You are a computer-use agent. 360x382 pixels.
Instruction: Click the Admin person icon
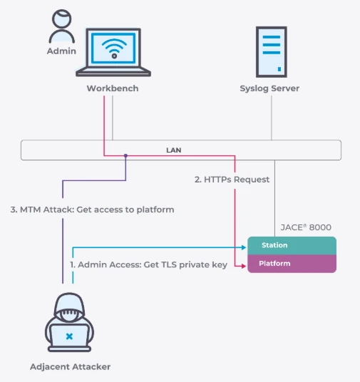coord(62,26)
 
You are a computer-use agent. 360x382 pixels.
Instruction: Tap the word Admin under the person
coord(61,51)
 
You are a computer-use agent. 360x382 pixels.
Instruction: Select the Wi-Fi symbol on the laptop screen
coord(114,48)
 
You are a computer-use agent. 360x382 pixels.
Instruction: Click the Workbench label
coord(113,88)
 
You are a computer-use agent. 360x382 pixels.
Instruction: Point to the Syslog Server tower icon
coord(272,52)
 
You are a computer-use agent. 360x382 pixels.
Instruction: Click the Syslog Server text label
coord(269,88)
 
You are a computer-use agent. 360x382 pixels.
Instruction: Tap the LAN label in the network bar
coord(173,150)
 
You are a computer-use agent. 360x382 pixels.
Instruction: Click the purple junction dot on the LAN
coord(125,155)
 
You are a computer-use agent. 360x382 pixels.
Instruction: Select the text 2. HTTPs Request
coord(232,180)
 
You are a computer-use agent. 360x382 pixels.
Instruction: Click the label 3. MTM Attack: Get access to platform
coord(92,210)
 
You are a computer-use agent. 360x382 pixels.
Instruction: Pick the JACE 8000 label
coord(306,227)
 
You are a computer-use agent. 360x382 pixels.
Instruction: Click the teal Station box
coord(292,246)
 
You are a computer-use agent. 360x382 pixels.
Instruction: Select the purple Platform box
coord(292,264)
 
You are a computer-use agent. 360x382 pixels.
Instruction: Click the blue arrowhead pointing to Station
coord(244,247)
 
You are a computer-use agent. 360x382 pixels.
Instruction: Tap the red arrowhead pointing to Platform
coord(244,266)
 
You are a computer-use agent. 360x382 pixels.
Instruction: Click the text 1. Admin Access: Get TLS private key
coord(149,264)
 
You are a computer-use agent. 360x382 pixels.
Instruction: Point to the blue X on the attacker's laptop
coord(69,336)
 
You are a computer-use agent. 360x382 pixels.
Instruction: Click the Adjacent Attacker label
coord(70,366)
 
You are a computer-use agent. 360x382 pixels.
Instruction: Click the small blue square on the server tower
coord(279,69)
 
